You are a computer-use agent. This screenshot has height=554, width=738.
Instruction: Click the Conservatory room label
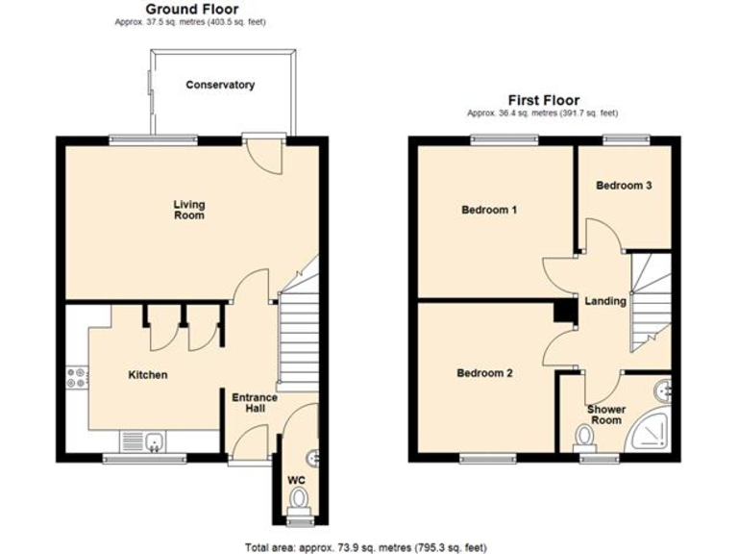click(x=220, y=85)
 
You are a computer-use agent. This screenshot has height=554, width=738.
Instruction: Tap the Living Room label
click(x=189, y=210)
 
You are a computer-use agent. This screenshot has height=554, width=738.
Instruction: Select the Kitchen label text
click(x=148, y=375)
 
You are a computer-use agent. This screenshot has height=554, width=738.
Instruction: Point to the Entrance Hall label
click(x=255, y=403)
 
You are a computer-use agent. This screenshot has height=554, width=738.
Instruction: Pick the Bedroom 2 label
click(x=484, y=373)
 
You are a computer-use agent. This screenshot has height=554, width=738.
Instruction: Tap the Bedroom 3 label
click(x=625, y=186)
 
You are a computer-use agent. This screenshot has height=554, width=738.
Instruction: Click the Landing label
click(x=606, y=301)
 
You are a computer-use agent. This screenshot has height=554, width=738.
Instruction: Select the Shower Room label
click(x=606, y=415)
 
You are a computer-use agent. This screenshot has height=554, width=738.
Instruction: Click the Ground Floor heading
click(x=192, y=9)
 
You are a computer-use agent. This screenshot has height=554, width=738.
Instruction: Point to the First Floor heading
click(x=545, y=99)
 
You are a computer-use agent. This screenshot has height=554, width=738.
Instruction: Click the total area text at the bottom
click(x=366, y=546)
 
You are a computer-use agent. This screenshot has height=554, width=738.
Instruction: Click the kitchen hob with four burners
click(x=75, y=378)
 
